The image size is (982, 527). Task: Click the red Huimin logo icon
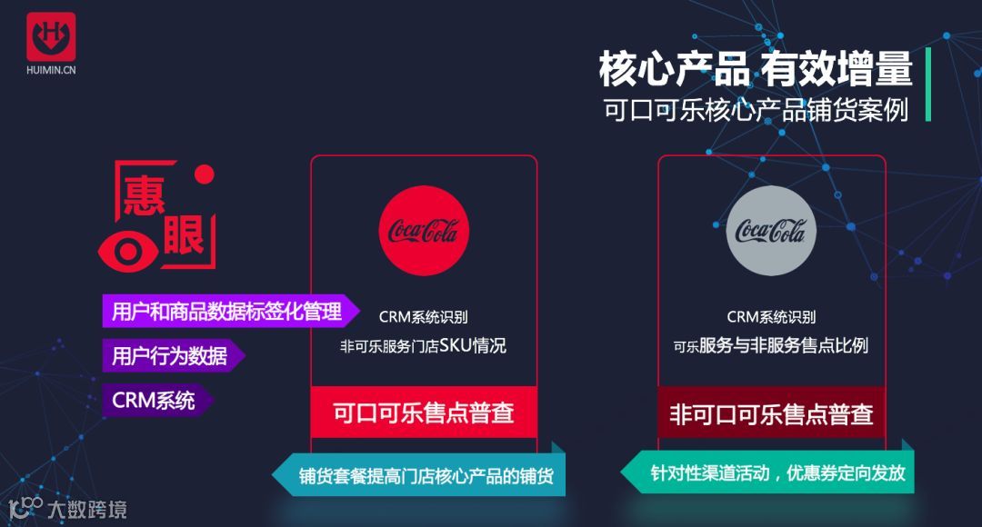pos(51,37)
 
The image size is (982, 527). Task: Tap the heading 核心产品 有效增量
pos(755,70)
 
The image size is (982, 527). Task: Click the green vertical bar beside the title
pos(927,85)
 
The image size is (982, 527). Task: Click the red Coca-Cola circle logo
pos(424,231)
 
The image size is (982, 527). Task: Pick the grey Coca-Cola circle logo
pos(771,231)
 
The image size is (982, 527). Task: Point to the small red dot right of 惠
pos(205,174)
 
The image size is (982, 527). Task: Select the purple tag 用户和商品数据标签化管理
pos(226,312)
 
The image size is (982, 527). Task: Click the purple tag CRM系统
pos(154,401)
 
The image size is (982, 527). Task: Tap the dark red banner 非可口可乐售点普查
pos(771,414)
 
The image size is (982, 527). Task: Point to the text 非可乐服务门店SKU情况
pos(424,346)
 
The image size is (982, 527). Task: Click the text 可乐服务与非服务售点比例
pos(771,346)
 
